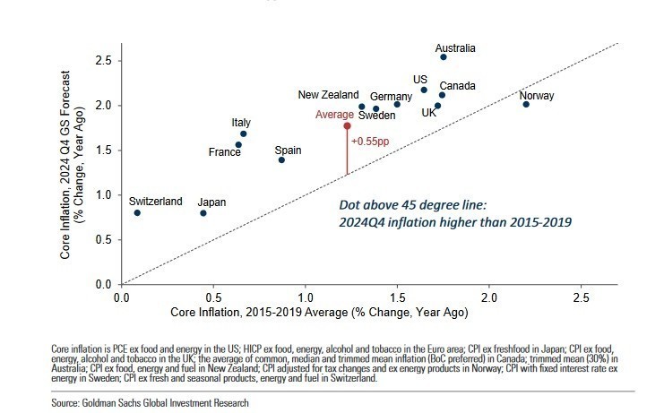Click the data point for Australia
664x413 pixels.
pyautogui.click(x=443, y=56)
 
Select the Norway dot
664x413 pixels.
pyautogui.click(x=526, y=104)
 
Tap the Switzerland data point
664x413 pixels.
pyautogui.click(x=137, y=212)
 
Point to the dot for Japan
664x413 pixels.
pyautogui.click(x=203, y=212)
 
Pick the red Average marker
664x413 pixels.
pyautogui.click(x=347, y=125)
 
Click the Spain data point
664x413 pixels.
pyautogui.click(x=281, y=159)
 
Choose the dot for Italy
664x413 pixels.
pyautogui.click(x=244, y=133)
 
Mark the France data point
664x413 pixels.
pyautogui.click(x=238, y=144)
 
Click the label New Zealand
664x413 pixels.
pyautogui.click(x=328, y=95)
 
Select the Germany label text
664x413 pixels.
pyautogui.click(x=391, y=97)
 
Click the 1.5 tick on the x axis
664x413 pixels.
pyautogui.click(x=398, y=296)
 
